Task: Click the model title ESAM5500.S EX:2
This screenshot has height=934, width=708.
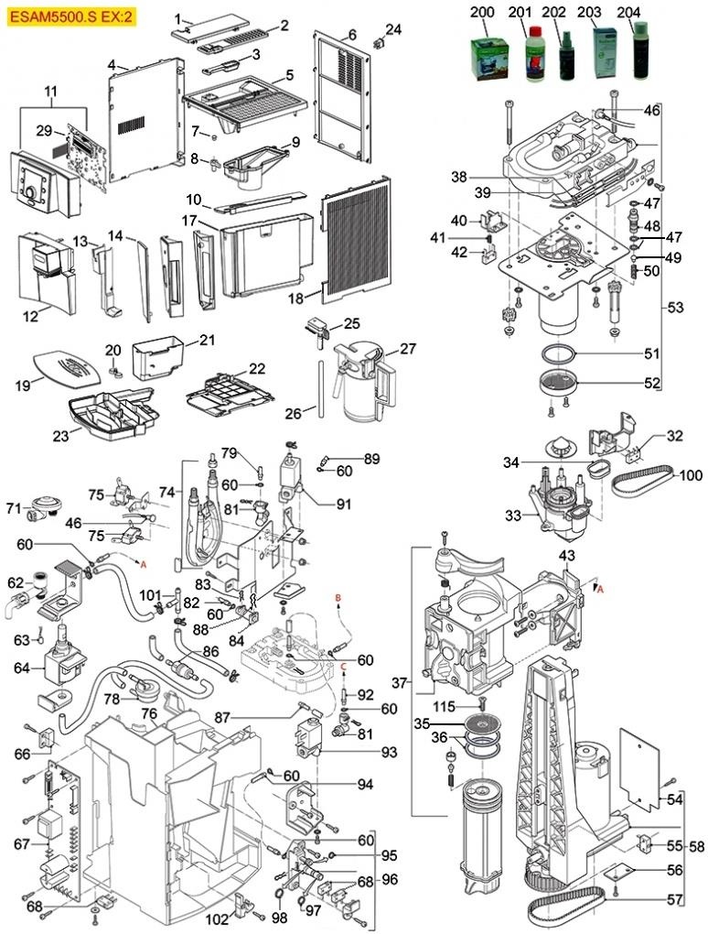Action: [72, 16]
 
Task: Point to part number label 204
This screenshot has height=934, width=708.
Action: [629, 12]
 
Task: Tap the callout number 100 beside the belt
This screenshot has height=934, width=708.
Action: [691, 475]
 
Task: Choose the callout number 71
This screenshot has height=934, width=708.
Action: [13, 507]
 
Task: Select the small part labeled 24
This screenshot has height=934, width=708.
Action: [378, 42]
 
